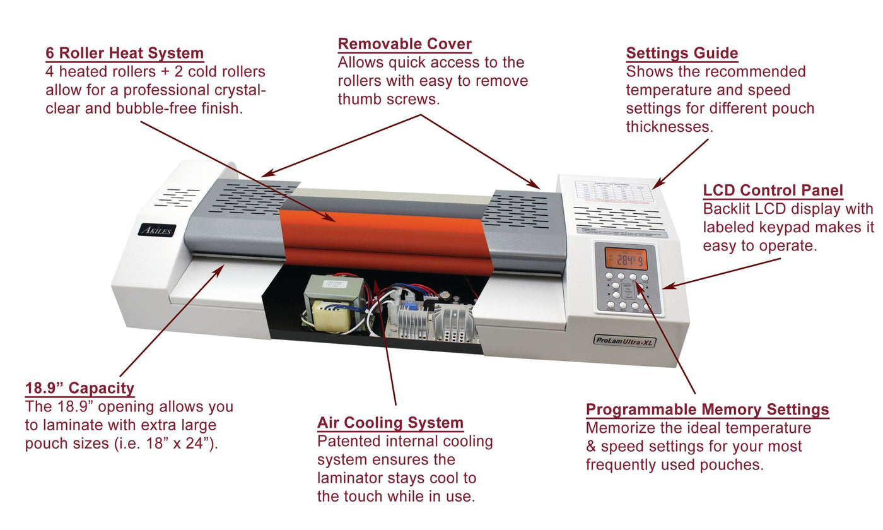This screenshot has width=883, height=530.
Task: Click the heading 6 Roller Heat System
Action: pyautogui.click(x=124, y=53)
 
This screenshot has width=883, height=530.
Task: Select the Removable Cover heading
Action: pyautogui.click(x=404, y=44)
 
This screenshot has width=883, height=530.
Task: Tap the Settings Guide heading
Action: pyautogui.click(x=682, y=53)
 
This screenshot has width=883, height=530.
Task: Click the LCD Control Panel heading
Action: pyautogui.click(x=773, y=190)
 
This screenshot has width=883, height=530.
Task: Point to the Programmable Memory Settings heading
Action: pyautogui.click(x=707, y=409)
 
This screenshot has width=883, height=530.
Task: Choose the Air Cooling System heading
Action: pyautogui.click(x=390, y=423)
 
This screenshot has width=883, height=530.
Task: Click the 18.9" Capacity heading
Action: pyautogui.click(x=79, y=388)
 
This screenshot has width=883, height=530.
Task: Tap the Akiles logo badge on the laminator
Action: pyautogui.click(x=156, y=230)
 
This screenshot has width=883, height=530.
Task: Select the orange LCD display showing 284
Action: pyautogui.click(x=626, y=259)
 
